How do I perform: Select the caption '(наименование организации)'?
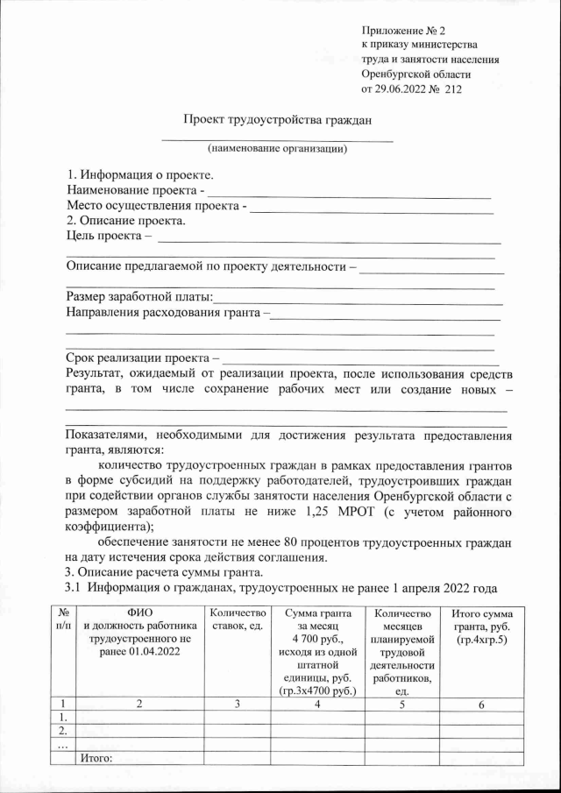click(277, 148)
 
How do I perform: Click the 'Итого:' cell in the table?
click(97, 758)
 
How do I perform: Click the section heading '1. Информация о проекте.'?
click(140, 175)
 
